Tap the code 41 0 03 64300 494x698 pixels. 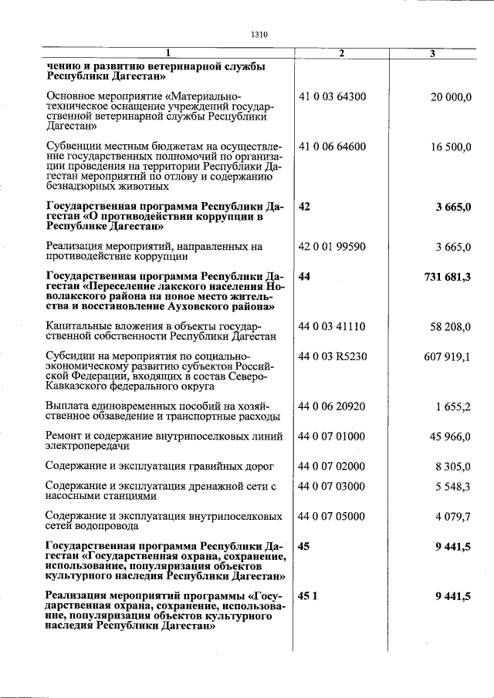coord(332,96)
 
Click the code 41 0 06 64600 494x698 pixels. coord(332,147)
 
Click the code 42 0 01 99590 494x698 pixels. coord(332,247)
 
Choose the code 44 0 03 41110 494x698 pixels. coord(332,327)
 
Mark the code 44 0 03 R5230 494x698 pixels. coord(332,356)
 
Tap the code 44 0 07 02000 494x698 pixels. coord(332,467)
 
